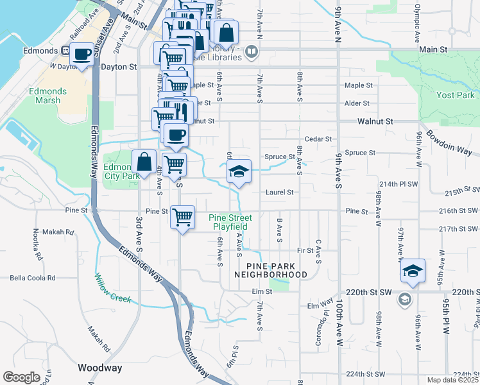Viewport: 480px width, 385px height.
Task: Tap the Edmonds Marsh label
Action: [x=44, y=96]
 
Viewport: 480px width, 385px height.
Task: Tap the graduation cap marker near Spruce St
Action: [x=239, y=171]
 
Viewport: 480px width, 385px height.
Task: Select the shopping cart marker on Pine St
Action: [x=183, y=217]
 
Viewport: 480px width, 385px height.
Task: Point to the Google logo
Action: [x=21, y=377]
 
